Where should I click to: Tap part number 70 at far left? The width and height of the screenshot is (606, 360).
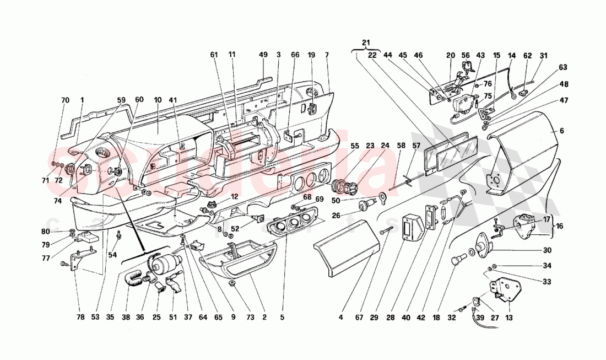pyautogui.click(x=66, y=101)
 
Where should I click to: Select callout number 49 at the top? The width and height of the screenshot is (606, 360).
pyautogui.click(x=263, y=55)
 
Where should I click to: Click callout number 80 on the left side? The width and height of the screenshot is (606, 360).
pyautogui.click(x=61, y=232)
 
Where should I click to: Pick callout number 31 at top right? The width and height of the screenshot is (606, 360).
pyautogui.click(x=544, y=55)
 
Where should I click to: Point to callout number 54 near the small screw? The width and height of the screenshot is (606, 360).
pyautogui.click(x=113, y=255)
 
